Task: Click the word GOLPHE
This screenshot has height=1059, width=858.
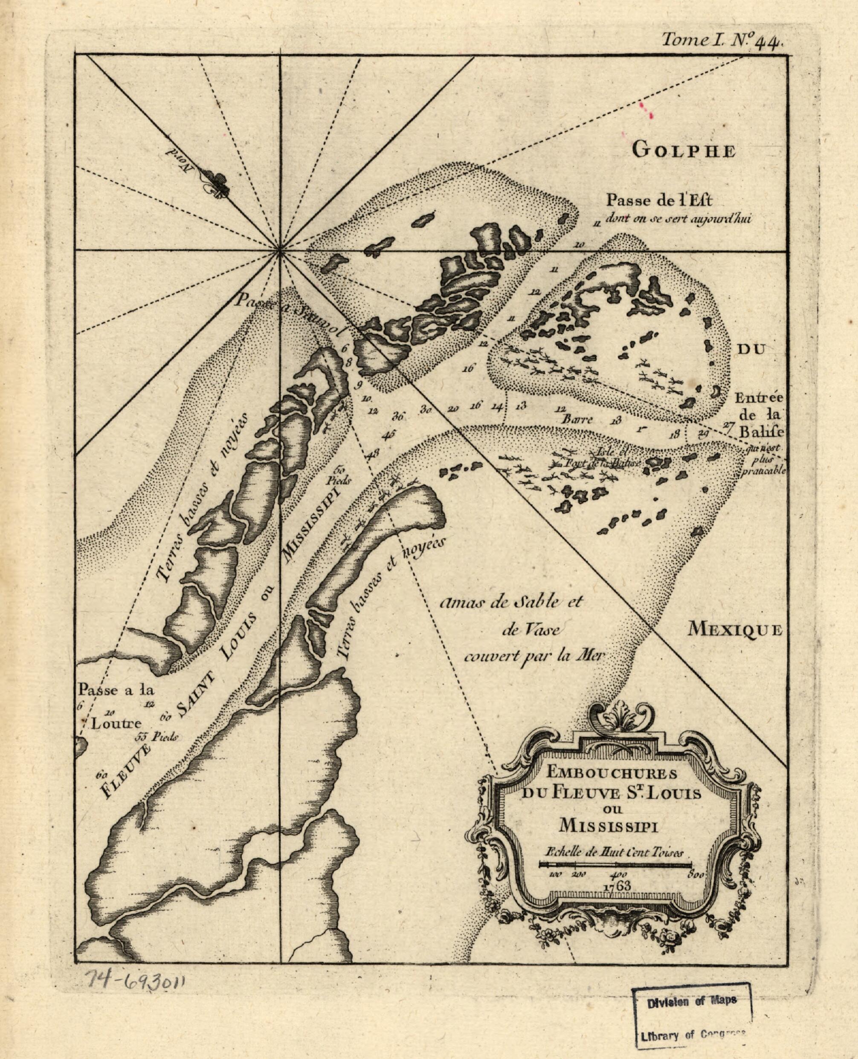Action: pyautogui.click(x=684, y=151)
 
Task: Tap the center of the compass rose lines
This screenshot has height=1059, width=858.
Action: pyautogui.click(x=280, y=251)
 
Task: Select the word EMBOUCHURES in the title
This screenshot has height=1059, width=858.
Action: pyautogui.click(x=611, y=773)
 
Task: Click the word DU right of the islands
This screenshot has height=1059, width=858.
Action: pyautogui.click(x=751, y=349)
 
